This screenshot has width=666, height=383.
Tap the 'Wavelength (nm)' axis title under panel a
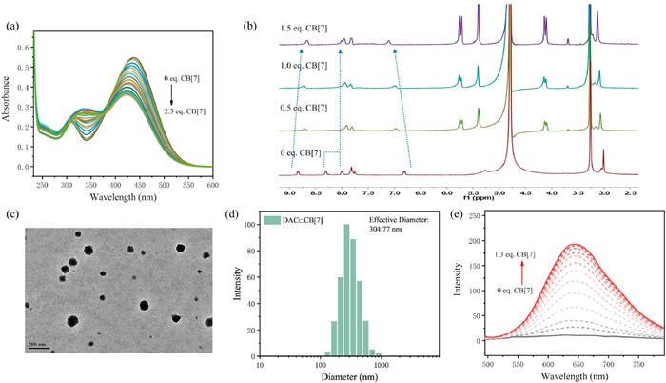[x=122, y=200]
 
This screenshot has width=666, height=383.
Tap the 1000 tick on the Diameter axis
[x=380, y=364]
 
